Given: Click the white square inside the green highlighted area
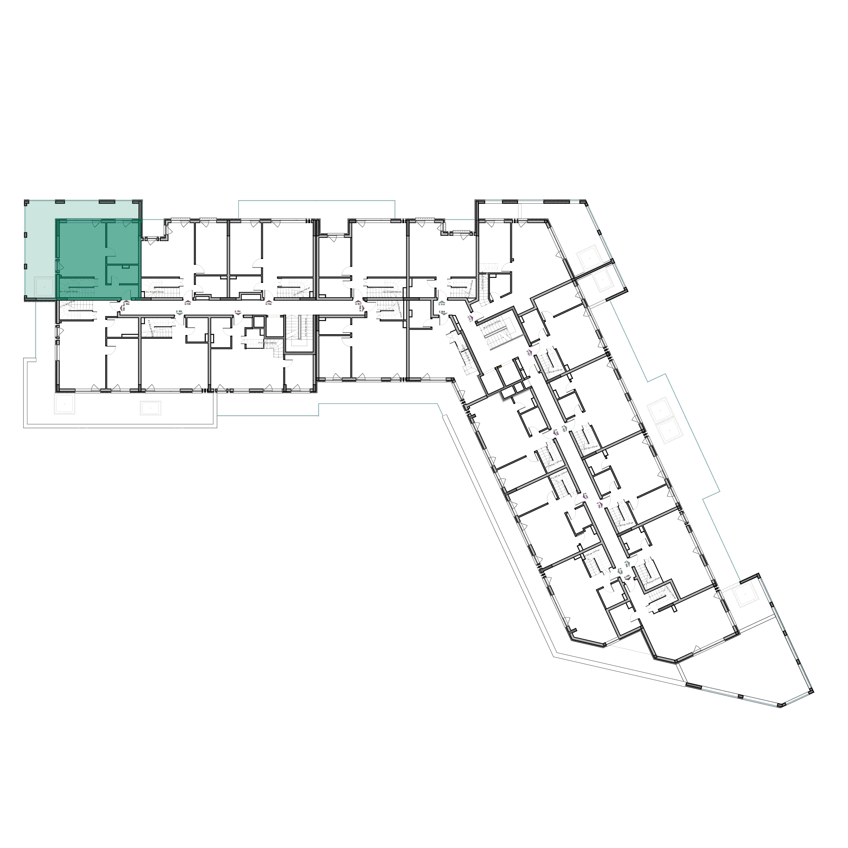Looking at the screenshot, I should click(44, 287).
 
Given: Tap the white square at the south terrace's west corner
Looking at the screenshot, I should click(64, 403).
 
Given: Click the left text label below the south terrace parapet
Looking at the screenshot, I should click(81, 429).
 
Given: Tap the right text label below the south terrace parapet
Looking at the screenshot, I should click(176, 429).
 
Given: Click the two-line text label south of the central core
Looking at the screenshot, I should click(310, 413).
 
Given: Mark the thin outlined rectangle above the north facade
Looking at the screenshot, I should click(316, 209).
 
